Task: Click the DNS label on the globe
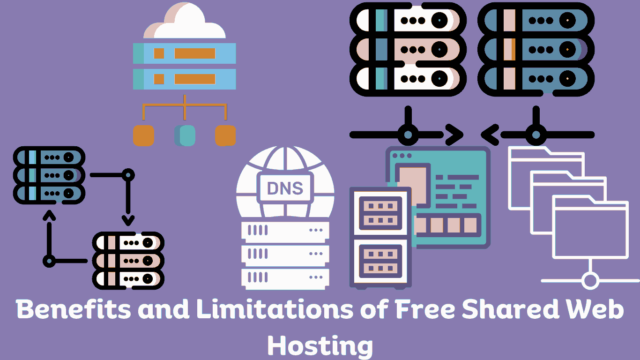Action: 284,188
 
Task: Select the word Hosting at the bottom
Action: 320,346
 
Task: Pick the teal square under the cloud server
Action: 186,135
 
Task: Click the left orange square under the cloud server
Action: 143,135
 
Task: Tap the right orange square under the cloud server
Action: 225,135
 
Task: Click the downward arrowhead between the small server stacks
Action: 128,219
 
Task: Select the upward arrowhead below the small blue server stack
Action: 49,214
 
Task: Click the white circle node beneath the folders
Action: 590,281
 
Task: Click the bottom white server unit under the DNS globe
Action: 285,278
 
